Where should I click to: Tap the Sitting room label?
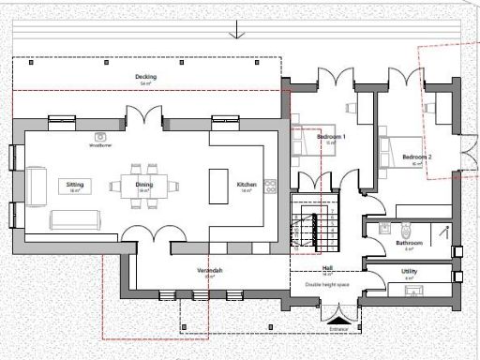76,186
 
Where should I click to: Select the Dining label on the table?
144,185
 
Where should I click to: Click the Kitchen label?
247,185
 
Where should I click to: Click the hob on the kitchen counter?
272,184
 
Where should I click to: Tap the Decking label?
145,77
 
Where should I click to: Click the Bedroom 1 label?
331,138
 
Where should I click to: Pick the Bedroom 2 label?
416,156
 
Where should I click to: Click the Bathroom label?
410,243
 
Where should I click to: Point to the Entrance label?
339,328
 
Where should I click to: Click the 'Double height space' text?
327,281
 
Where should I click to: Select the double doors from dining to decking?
144,118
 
